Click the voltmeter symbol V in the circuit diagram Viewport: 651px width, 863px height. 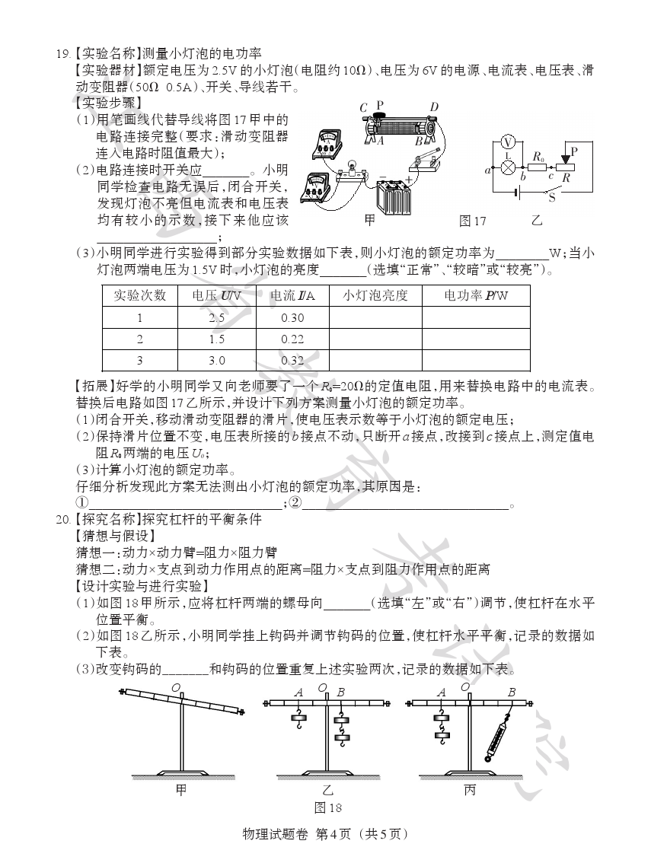[511, 142]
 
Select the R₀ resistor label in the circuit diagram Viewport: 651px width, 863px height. [538, 156]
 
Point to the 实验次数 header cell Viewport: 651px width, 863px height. [139, 295]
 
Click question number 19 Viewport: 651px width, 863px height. [62, 53]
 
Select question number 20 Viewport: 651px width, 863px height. [62, 520]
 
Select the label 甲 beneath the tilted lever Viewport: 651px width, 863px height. [181, 791]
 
